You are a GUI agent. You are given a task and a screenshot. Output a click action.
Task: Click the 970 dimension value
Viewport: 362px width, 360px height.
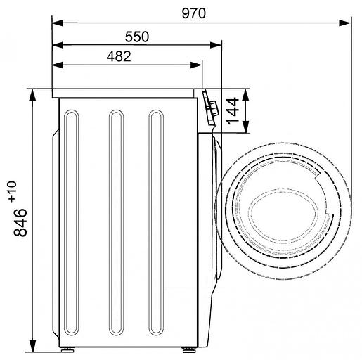(x=194, y=13)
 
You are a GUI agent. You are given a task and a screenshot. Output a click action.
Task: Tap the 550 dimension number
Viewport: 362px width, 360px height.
(x=137, y=37)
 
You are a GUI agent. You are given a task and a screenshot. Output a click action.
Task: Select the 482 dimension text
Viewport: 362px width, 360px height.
(x=119, y=56)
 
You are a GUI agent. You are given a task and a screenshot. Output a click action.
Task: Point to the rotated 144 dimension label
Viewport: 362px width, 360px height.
(x=232, y=111)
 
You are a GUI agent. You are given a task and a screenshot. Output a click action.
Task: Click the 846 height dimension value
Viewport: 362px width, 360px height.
(x=20, y=222)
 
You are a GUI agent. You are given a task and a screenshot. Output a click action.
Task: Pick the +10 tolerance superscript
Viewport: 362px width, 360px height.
(x=13, y=191)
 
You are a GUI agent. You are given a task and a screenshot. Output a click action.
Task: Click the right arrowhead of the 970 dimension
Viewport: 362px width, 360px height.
(x=345, y=23)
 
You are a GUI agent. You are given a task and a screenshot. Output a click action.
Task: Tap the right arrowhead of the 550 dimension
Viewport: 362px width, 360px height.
(x=216, y=45)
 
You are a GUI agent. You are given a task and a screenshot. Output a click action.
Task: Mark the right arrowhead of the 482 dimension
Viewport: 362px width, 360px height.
(x=196, y=65)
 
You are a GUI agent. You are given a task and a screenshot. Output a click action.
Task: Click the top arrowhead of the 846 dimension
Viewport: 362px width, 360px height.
(x=32, y=95)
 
